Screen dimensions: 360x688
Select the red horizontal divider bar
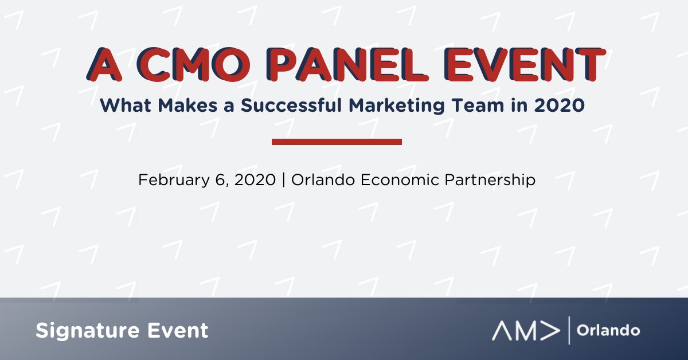tap(337, 142)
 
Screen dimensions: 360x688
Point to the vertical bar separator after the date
tap(283, 180)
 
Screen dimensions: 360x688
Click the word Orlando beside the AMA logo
tap(608, 331)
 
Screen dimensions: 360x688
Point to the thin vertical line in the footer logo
tap(569, 331)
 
